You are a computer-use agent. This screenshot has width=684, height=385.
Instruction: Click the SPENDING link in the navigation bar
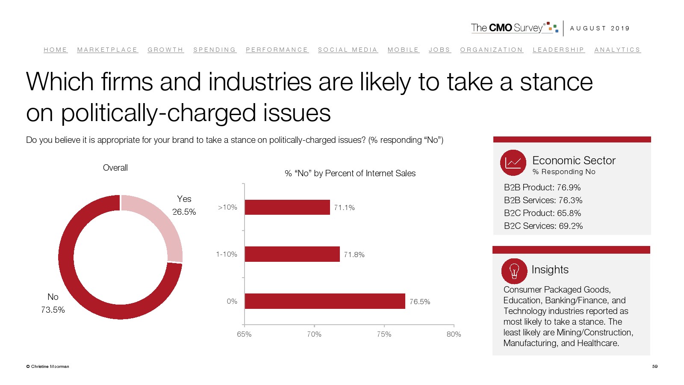(215, 50)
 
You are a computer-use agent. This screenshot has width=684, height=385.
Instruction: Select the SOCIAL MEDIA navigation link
(348, 50)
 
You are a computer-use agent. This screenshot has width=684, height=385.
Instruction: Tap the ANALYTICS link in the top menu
(617, 50)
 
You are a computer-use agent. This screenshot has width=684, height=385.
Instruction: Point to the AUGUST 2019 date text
(600, 28)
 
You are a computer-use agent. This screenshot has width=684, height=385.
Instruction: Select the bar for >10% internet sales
(287, 207)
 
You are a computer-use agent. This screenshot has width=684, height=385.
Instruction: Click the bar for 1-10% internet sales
(292, 254)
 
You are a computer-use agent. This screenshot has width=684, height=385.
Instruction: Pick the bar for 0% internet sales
(325, 301)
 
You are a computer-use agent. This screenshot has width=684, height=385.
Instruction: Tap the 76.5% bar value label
(420, 302)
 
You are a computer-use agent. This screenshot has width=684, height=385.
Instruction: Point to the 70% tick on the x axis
(314, 334)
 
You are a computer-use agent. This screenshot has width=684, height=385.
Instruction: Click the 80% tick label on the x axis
(454, 334)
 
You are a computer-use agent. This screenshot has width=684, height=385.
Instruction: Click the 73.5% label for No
(53, 310)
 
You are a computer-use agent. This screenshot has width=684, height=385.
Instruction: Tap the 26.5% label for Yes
(184, 212)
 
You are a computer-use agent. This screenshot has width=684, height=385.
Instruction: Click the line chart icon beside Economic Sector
(513, 163)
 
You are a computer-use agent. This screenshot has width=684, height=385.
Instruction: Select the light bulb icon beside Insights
(514, 271)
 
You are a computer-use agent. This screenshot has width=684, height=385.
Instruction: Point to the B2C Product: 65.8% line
(542, 213)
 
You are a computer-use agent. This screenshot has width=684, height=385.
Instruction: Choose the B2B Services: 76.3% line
(543, 200)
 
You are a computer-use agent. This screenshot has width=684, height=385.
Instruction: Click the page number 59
(655, 366)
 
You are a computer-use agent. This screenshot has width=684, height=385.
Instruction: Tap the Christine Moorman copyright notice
(47, 367)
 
